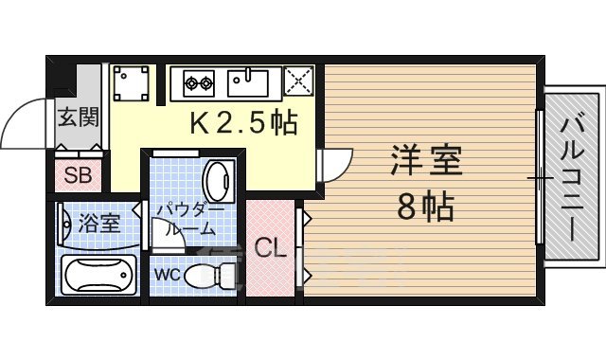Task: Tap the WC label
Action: coord(167,276)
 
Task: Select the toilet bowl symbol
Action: coord(210,277)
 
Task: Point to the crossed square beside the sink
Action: coord(299,82)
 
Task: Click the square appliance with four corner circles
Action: coord(131,83)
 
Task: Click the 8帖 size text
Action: coord(426,205)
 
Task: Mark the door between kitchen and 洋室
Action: coord(333,165)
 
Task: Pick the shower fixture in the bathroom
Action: coord(66,224)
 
